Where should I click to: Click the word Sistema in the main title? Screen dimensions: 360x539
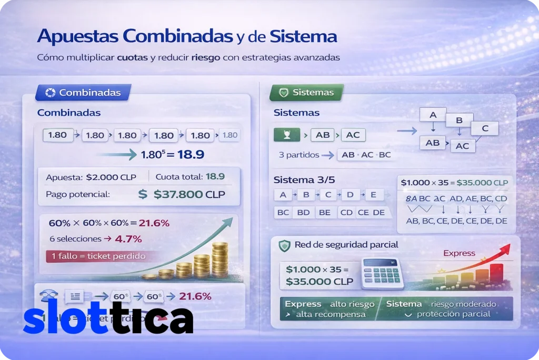point(303,36)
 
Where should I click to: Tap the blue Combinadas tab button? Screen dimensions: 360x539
point(83,93)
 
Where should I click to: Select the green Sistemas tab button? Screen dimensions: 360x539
point(306,93)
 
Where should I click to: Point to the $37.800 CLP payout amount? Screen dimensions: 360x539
point(188,194)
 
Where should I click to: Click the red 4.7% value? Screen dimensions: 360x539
point(128,238)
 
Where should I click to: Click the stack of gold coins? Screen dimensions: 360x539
point(202,263)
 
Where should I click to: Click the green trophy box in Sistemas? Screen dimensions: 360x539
point(287,135)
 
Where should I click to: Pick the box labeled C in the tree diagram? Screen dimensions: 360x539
point(485,128)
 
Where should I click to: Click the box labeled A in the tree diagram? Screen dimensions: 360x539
point(433,115)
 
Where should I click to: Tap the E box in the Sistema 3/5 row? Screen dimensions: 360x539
point(374,195)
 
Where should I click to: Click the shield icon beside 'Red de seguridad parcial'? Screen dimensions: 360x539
point(284,245)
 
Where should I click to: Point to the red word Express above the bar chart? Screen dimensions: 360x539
point(459,253)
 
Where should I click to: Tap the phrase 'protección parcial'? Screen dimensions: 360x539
point(453,314)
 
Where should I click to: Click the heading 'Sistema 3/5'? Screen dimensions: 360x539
point(301,179)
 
